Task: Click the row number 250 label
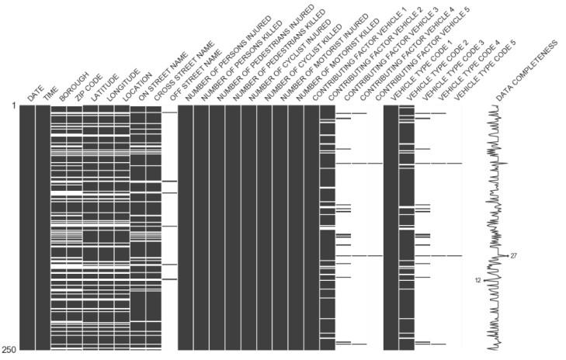9,350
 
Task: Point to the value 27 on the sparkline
514,255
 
